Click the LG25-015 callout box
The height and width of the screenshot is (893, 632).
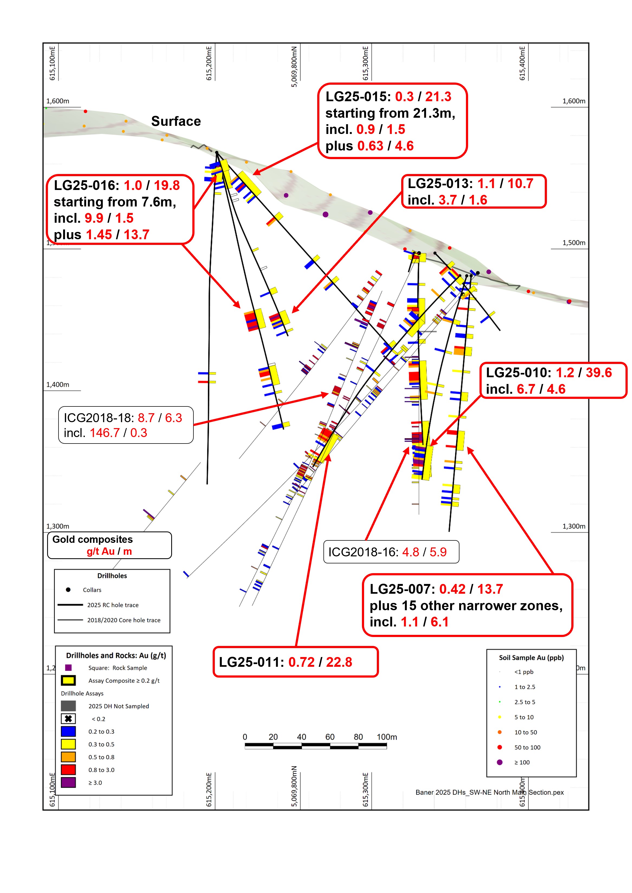tap(392, 121)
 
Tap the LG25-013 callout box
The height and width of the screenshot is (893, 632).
tap(474, 191)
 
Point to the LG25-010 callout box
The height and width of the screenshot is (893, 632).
tap(553, 380)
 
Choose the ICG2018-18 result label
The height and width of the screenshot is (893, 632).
tap(126, 425)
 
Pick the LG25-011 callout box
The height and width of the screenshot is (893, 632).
tap(295, 662)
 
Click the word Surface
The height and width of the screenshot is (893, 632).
tap(176, 121)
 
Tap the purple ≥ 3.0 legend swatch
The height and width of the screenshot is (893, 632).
tap(68, 782)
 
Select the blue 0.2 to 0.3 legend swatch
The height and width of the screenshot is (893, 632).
tap(68, 731)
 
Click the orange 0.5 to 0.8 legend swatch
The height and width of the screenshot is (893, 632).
tap(68, 757)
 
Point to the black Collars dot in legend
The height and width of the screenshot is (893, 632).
tap(68, 590)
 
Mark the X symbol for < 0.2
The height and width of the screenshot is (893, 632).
tap(68, 719)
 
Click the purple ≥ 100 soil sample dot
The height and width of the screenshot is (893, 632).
tap(500, 762)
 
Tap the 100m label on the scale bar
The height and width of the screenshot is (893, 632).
tap(387, 737)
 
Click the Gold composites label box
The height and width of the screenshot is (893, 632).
tap(109, 545)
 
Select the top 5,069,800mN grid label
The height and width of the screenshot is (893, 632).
tap(294, 67)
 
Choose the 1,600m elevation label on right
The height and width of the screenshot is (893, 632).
tap(573, 101)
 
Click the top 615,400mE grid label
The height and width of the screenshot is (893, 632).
tap(522, 63)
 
